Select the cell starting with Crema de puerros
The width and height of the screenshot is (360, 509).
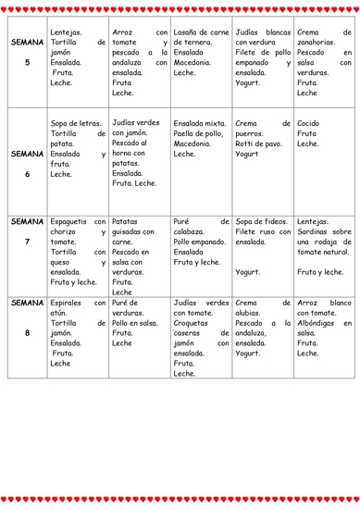pyautogui.click(x=261, y=138)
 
